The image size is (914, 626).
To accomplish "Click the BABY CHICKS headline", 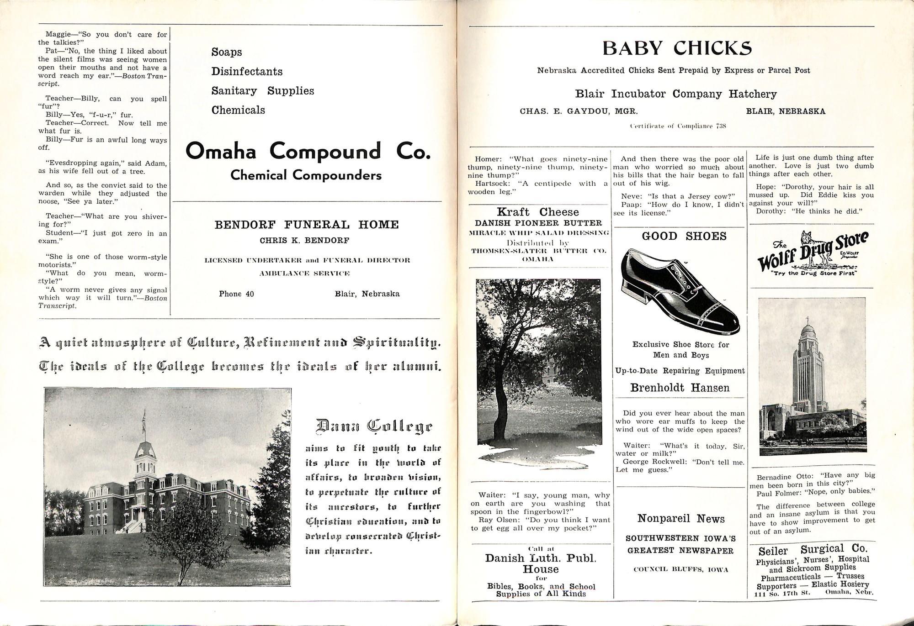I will [x=677, y=48].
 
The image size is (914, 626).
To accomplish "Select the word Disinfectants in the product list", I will [x=247, y=72].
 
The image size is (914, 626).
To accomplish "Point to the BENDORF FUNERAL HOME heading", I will [x=307, y=225].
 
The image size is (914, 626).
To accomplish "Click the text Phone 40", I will [x=236, y=294].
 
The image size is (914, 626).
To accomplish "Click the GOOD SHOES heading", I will [x=677, y=236].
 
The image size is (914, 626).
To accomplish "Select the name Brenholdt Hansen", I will [x=680, y=388].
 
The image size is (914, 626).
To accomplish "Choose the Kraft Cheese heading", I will [x=538, y=212].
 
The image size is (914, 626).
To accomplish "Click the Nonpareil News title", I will [x=681, y=519].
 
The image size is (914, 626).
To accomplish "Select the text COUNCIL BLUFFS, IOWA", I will [x=681, y=569].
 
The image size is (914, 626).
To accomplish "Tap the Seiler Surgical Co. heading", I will [x=813, y=550].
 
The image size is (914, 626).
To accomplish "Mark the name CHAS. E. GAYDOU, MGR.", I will [x=579, y=111].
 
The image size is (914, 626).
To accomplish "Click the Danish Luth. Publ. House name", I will [x=541, y=563].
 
